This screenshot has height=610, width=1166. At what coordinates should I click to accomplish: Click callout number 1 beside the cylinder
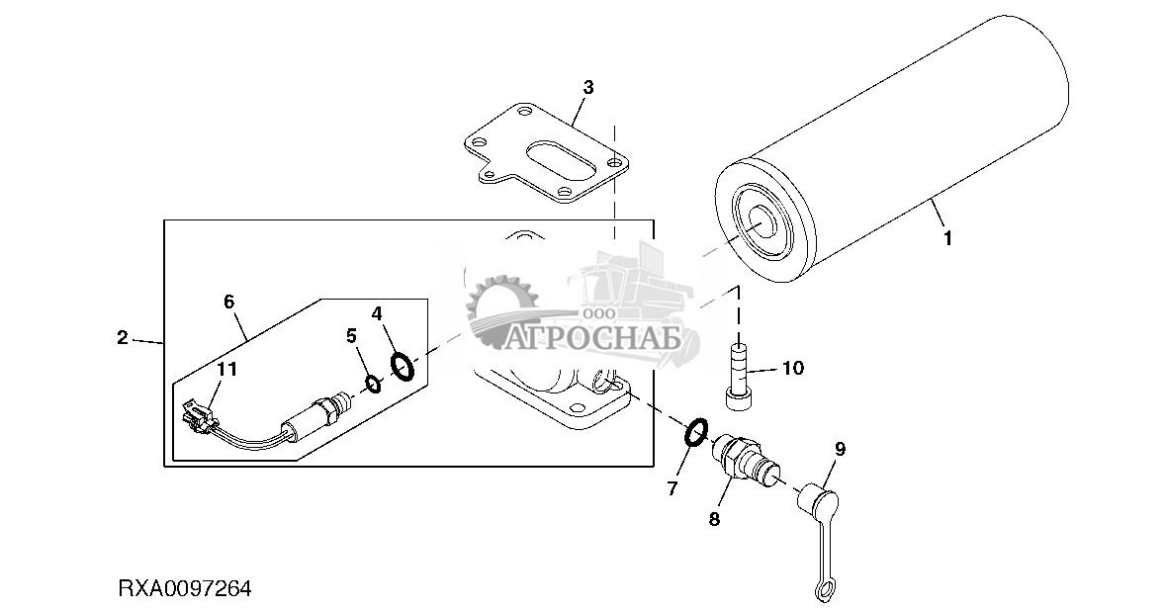click(947, 238)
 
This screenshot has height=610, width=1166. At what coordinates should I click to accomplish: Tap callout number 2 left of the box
click(122, 338)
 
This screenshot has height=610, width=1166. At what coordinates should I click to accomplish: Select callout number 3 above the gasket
click(587, 87)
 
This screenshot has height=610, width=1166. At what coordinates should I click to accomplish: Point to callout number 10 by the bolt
click(793, 369)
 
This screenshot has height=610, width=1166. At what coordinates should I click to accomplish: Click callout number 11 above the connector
click(227, 370)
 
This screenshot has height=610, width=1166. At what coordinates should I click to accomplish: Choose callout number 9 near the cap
click(840, 449)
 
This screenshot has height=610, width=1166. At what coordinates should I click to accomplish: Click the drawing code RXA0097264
click(186, 589)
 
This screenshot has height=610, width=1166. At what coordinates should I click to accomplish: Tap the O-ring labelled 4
click(402, 367)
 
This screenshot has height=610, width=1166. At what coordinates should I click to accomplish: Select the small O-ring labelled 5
click(371, 384)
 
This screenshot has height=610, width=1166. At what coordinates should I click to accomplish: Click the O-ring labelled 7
click(696, 431)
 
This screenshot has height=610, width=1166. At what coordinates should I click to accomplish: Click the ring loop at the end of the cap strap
click(823, 590)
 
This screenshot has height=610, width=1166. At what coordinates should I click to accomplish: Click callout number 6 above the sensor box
click(228, 302)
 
